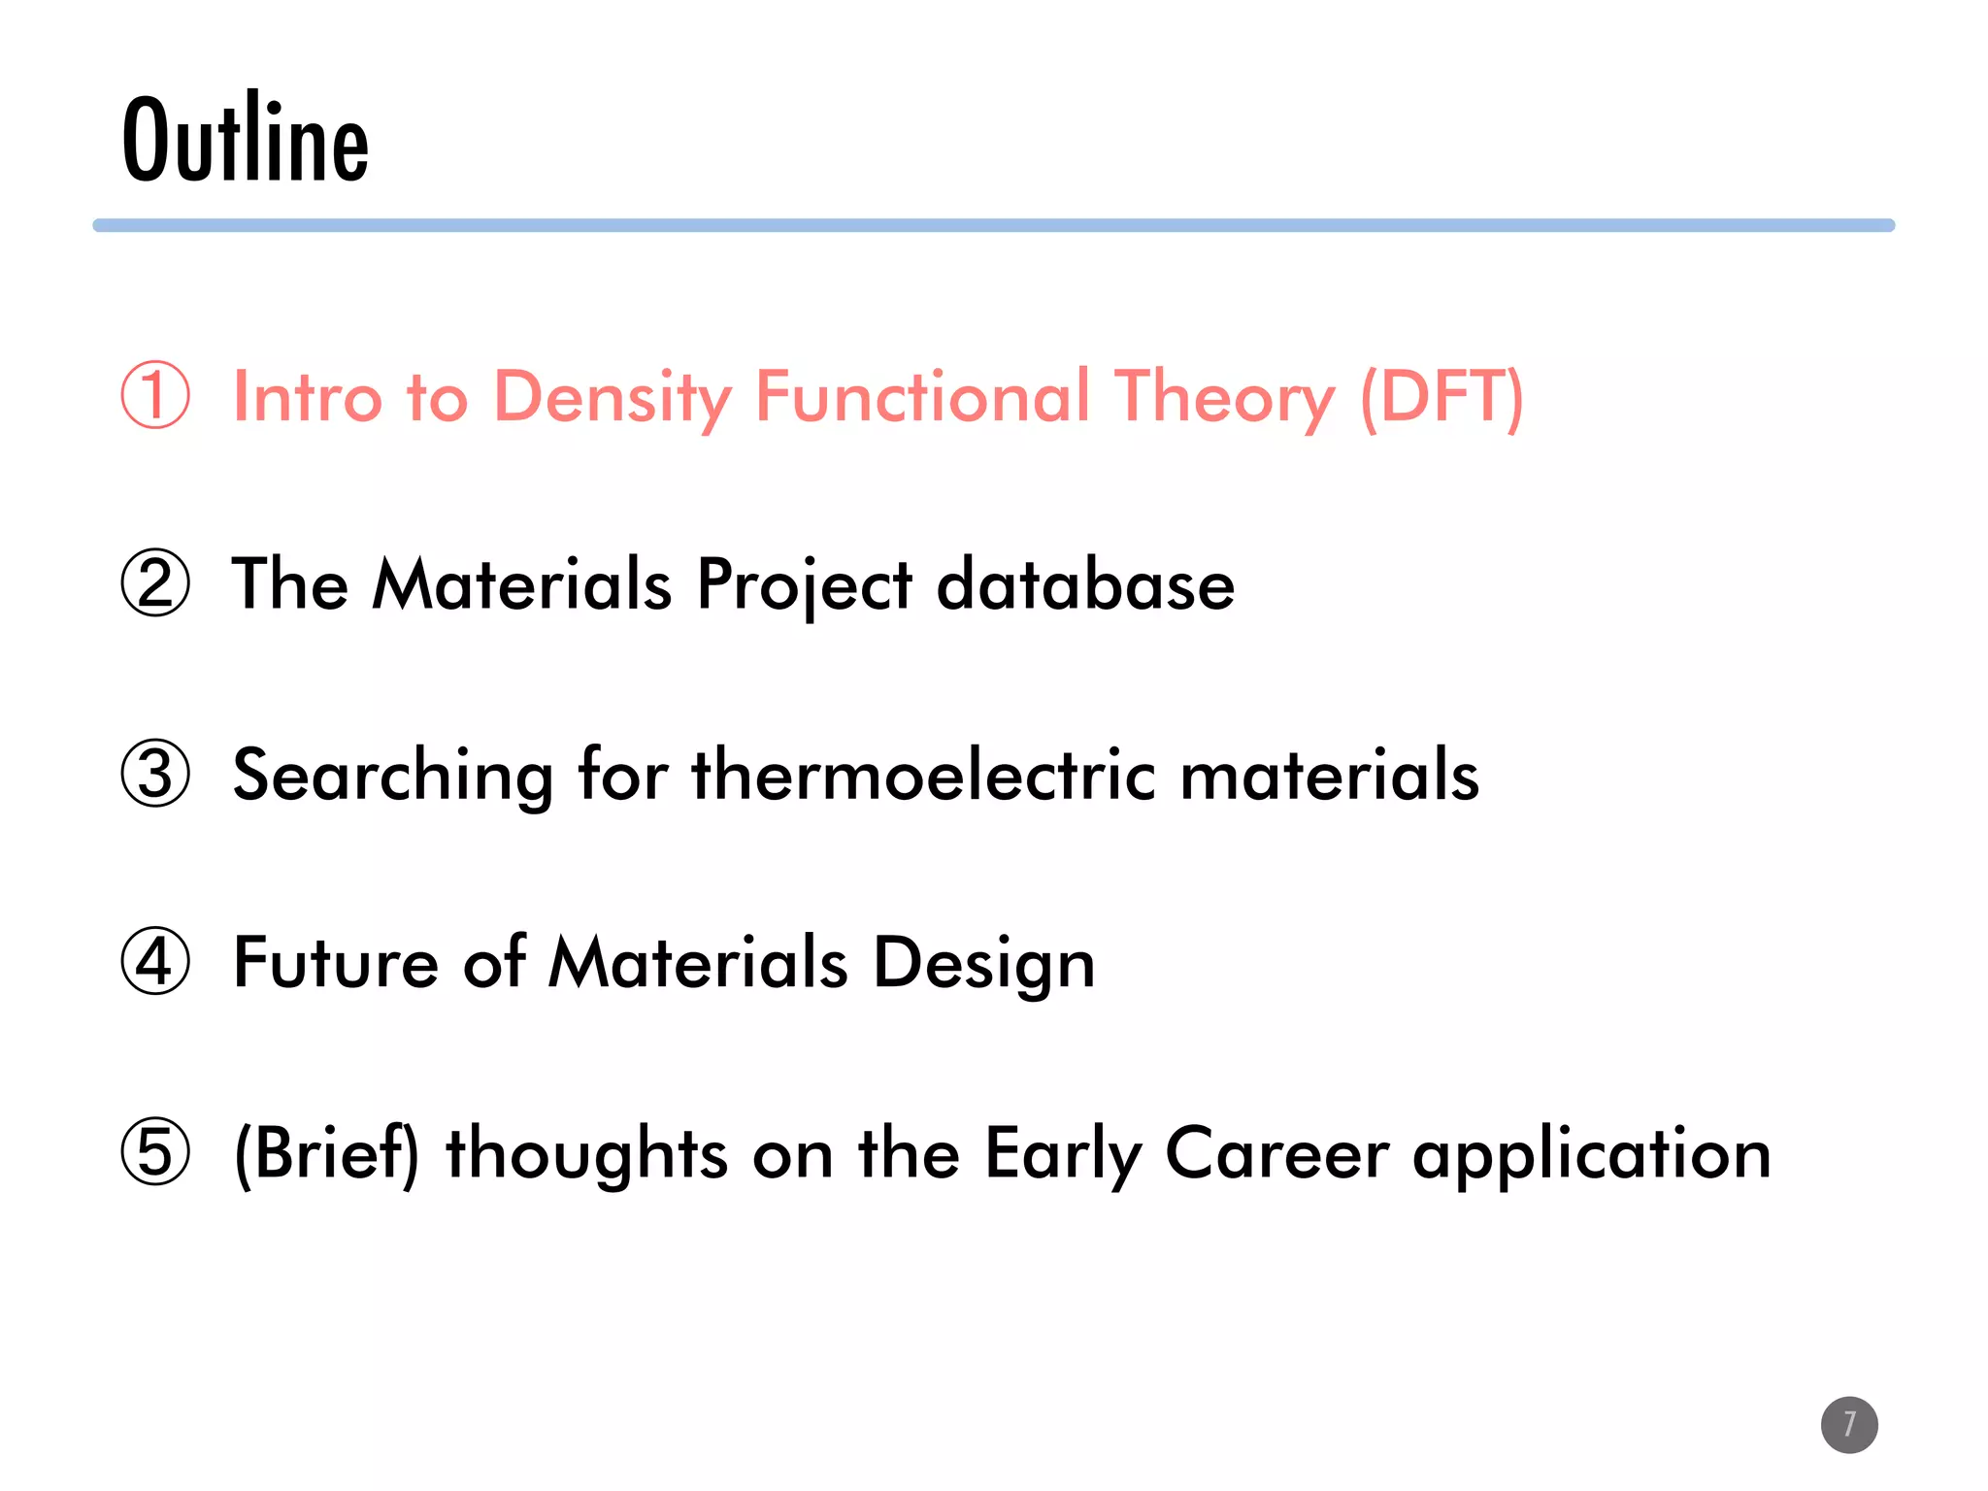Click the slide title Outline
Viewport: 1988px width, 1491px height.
(x=245, y=138)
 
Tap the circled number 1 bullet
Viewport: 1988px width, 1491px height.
(x=155, y=395)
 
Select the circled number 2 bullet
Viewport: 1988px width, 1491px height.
(x=155, y=583)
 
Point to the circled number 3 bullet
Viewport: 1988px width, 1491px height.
(x=155, y=774)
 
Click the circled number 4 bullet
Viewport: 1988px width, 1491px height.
(x=155, y=962)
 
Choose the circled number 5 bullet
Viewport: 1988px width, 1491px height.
(x=155, y=1152)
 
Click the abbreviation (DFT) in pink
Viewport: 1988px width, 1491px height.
(x=1441, y=397)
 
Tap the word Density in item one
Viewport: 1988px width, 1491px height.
(x=612, y=397)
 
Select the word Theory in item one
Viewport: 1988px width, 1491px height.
(x=1224, y=397)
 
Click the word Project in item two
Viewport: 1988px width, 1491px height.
(x=804, y=585)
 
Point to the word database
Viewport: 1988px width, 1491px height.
(x=1085, y=585)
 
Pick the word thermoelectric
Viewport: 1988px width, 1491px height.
(x=923, y=775)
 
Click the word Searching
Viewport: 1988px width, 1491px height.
(x=393, y=777)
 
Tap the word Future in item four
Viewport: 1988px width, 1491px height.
(x=335, y=963)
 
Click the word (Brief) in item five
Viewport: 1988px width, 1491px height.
(x=327, y=1153)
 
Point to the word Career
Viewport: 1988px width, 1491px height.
(x=1276, y=1153)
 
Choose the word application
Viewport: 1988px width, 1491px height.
(x=1591, y=1155)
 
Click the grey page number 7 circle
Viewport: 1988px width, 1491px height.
(x=1849, y=1425)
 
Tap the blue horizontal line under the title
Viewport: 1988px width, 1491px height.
(x=993, y=225)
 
